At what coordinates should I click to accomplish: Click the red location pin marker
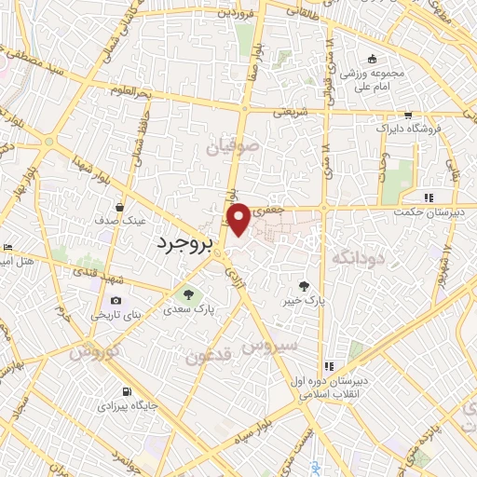239,218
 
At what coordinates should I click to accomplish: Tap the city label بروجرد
182,242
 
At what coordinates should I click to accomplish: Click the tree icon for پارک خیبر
306,287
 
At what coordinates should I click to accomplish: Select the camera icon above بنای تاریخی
116,300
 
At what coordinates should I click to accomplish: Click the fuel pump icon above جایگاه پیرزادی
126,392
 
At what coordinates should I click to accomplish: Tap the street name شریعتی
289,111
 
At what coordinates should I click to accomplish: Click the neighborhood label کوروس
97,353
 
